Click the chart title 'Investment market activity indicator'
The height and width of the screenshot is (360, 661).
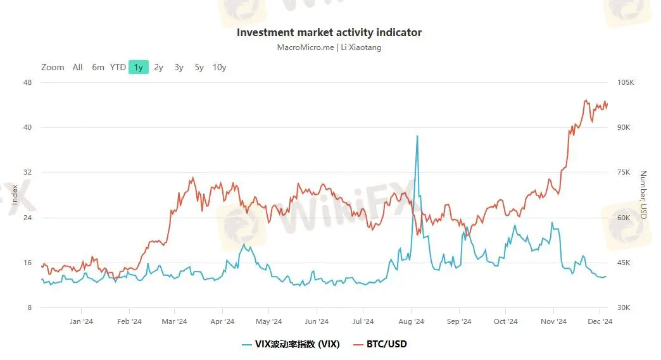329,32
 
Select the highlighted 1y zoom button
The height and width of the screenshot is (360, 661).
138,67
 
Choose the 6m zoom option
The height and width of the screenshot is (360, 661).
98,67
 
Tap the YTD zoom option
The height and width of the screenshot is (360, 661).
118,67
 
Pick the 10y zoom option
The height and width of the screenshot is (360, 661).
219,67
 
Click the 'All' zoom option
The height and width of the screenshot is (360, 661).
77,67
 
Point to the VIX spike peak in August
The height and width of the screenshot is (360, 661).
417,136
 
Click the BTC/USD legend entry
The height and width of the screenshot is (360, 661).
380,344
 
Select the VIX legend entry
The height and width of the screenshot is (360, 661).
291,344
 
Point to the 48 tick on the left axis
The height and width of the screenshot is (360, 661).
28,82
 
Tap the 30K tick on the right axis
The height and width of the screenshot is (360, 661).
624,308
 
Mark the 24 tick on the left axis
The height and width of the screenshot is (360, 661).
28,218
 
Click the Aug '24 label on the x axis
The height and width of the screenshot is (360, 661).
411,321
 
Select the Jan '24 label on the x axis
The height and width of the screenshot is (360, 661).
81,321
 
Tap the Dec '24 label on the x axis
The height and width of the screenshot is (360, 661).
600,321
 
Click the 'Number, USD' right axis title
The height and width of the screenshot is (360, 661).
643,195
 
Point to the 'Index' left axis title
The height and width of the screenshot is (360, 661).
15,195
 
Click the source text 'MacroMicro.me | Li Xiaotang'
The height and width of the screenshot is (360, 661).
329,47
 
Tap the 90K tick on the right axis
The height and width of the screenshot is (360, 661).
624,127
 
